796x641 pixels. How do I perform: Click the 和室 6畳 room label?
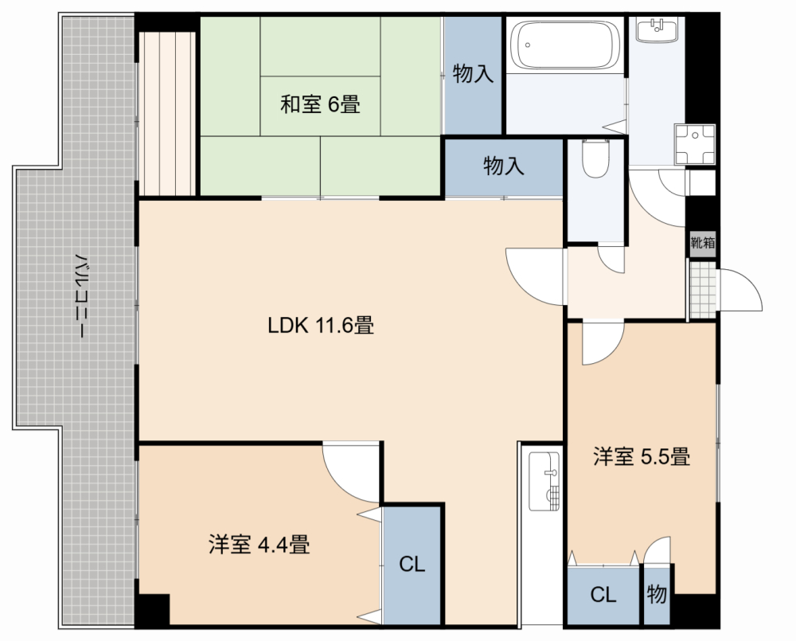320,104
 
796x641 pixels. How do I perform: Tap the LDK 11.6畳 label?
321,325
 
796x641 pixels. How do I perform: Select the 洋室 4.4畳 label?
259,545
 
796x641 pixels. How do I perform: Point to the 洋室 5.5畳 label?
642,456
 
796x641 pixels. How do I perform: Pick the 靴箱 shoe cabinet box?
703,243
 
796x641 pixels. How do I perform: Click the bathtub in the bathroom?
564,45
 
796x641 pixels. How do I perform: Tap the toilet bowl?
595,158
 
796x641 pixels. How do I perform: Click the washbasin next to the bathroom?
657,29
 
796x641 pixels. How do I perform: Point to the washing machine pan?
694,144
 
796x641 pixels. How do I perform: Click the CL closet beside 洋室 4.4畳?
412,564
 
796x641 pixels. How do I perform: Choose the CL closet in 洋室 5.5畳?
603,595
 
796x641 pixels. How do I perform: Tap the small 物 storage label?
657,593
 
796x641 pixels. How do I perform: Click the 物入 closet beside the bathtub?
473,74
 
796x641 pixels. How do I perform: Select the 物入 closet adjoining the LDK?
504,166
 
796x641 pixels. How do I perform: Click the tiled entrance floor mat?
703,290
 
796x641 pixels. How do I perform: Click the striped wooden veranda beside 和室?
167,114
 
